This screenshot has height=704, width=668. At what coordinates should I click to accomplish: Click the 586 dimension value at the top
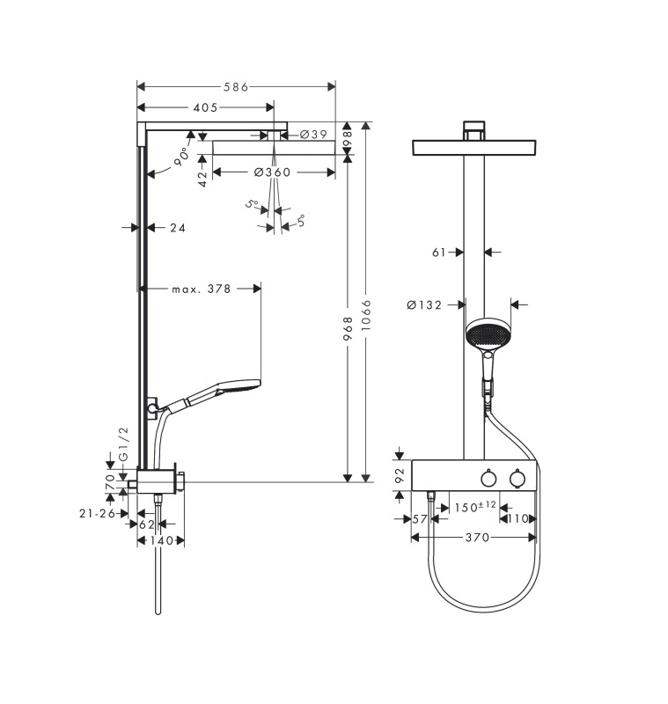pos(236,86)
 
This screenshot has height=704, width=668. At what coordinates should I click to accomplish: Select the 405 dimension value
pos(205,107)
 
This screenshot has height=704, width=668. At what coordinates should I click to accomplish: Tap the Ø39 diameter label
pos(313,135)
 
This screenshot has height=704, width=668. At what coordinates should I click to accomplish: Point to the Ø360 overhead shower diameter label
pos(272,172)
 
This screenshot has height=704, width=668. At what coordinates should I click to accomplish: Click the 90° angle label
pos(181,157)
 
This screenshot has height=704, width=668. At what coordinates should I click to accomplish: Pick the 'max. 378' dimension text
pos(202,289)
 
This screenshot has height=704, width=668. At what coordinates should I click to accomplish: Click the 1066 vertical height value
pos(367,316)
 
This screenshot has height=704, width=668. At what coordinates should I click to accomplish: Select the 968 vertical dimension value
pos(348,328)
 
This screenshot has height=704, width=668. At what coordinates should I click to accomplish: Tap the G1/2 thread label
pos(123,444)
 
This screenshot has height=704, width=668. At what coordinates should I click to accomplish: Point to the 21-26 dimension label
pos(98,513)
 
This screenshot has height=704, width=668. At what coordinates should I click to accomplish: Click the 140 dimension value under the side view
pos(162,540)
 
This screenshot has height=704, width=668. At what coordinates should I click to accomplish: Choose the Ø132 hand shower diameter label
pos(424,305)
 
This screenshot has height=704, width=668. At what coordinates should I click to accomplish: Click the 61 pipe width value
pos(438,253)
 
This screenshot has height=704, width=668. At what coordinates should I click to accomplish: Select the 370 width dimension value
pos(477,538)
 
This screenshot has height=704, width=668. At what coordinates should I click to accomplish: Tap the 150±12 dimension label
pos(475,507)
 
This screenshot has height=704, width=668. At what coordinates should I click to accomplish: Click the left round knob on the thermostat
pos(488,479)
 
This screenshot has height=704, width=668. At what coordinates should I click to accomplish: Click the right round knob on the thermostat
pos(518,479)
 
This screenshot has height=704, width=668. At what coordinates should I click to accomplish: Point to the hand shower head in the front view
pos(487,334)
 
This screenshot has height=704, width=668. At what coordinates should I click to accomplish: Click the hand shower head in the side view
pos(238,387)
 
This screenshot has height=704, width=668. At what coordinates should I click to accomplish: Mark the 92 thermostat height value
pos(400,475)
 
